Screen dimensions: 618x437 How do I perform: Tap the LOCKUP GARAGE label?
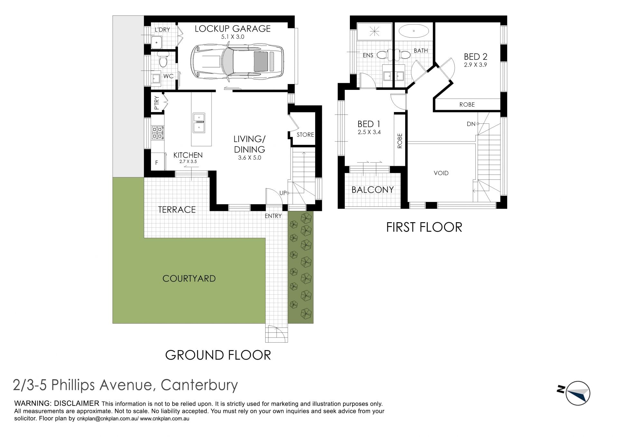pos(233,29)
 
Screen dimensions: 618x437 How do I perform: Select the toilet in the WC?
pos(163,60)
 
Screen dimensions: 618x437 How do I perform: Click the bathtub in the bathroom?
pos(414,32)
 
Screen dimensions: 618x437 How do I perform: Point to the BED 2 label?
pos(475,57)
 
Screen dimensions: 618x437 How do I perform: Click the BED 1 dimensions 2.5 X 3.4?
pos(369,132)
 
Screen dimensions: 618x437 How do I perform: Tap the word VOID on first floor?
pos(441,173)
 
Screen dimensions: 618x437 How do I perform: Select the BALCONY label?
pos(372,190)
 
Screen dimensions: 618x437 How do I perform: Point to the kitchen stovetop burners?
pos(158,132)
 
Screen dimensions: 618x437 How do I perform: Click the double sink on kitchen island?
pos(199,123)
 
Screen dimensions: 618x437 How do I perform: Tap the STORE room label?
pos(305,135)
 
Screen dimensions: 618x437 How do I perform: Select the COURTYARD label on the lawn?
pos(189,279)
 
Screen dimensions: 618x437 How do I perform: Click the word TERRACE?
pos(177,210)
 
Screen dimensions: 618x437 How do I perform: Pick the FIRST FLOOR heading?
pos(424,227)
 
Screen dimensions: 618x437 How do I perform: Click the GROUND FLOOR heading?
pos(218,355)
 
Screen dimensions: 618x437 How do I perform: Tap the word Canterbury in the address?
pos(199,385)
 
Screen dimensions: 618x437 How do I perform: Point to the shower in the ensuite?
pos(374,32)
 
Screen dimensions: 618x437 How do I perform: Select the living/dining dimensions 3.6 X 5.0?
pos(249,158)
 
